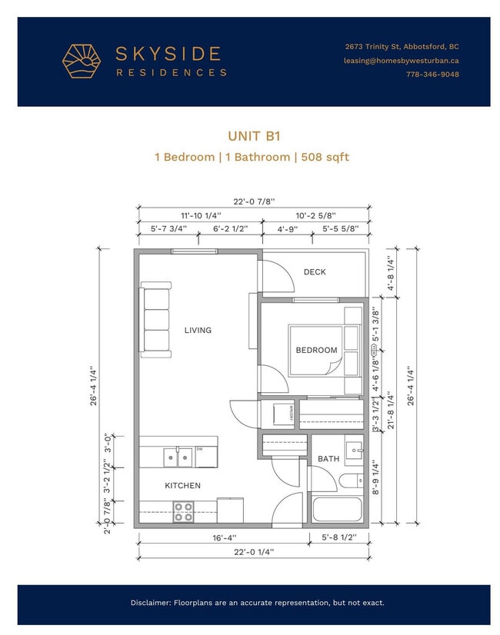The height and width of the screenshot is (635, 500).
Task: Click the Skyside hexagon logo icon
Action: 82,62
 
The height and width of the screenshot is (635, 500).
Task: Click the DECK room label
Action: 314,272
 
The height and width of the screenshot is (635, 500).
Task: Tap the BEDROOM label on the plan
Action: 316,351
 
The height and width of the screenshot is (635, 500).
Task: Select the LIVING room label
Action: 198,331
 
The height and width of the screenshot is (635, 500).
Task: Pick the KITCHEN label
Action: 182,486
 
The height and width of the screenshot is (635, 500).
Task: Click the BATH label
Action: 328,459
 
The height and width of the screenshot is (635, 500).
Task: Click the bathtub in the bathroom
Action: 337,509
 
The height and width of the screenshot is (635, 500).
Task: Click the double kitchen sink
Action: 178,457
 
